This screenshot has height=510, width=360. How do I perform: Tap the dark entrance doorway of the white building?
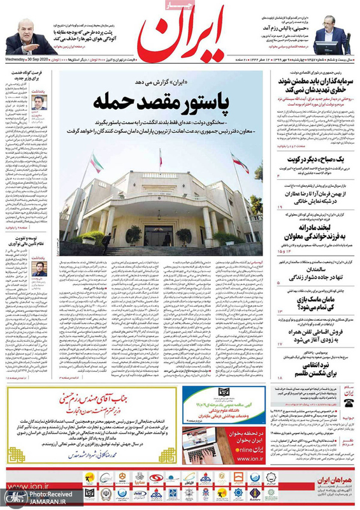click(155, 235)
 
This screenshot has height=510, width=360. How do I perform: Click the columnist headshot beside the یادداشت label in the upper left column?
click(40, 101)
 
